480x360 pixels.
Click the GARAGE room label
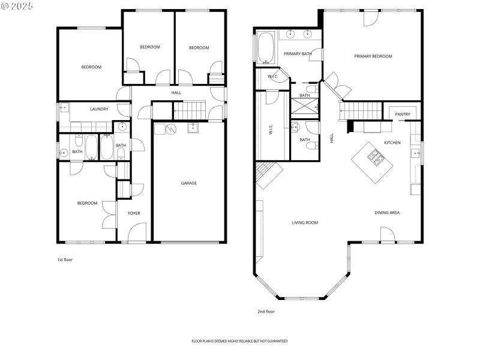click(189, 183)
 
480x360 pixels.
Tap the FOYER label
click(133, 213)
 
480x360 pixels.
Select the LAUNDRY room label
click(99, 109)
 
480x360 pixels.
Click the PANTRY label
click(402, 114)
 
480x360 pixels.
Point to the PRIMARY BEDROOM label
click(373, 56)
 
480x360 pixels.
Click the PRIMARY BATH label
click(298, 54)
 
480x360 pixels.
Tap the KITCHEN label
click(392, 143)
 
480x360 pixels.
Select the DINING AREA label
click(387, 212)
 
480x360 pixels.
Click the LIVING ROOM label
click(305, 223)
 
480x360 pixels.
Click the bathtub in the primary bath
click(266, 47)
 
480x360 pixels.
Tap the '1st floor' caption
click(65, 260)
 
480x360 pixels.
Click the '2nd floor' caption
click(266, 311)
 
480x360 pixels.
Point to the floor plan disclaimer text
click(239, 341)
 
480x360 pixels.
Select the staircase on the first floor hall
click(188, 110)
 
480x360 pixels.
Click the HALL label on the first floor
click(176, 93)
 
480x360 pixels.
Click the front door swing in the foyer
click(138, 232)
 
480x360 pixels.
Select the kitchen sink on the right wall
click(415, 153)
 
